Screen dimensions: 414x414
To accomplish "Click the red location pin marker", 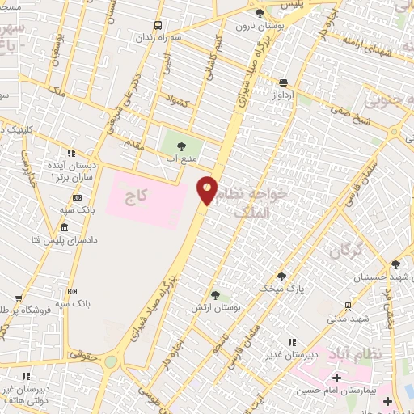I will [x=208, y=189].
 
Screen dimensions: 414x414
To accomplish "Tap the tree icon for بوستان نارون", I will [x=259, y=14].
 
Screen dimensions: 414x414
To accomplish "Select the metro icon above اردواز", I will [x=283, y=82].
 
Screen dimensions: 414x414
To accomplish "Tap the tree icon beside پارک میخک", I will [x=281, y=276].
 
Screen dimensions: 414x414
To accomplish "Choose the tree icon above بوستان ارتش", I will [x=214, y=295].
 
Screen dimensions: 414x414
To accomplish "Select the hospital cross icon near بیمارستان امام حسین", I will [x=336, y=378].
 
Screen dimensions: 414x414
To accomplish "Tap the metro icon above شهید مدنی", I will [x=348, y=306].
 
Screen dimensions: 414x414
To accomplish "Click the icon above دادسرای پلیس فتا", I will [x=64, y=226].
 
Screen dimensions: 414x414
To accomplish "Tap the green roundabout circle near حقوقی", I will [x=110, y=361].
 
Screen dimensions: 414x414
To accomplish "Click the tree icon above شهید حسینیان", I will [x=395, y=264].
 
